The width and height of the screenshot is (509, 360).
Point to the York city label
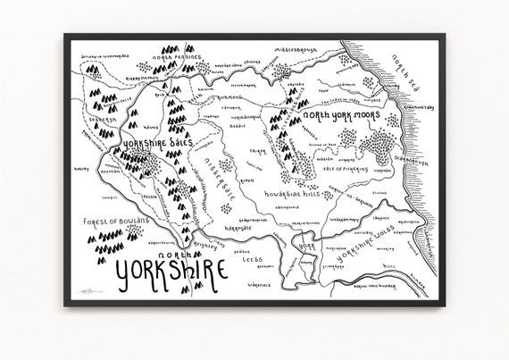[x=304, y=243]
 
